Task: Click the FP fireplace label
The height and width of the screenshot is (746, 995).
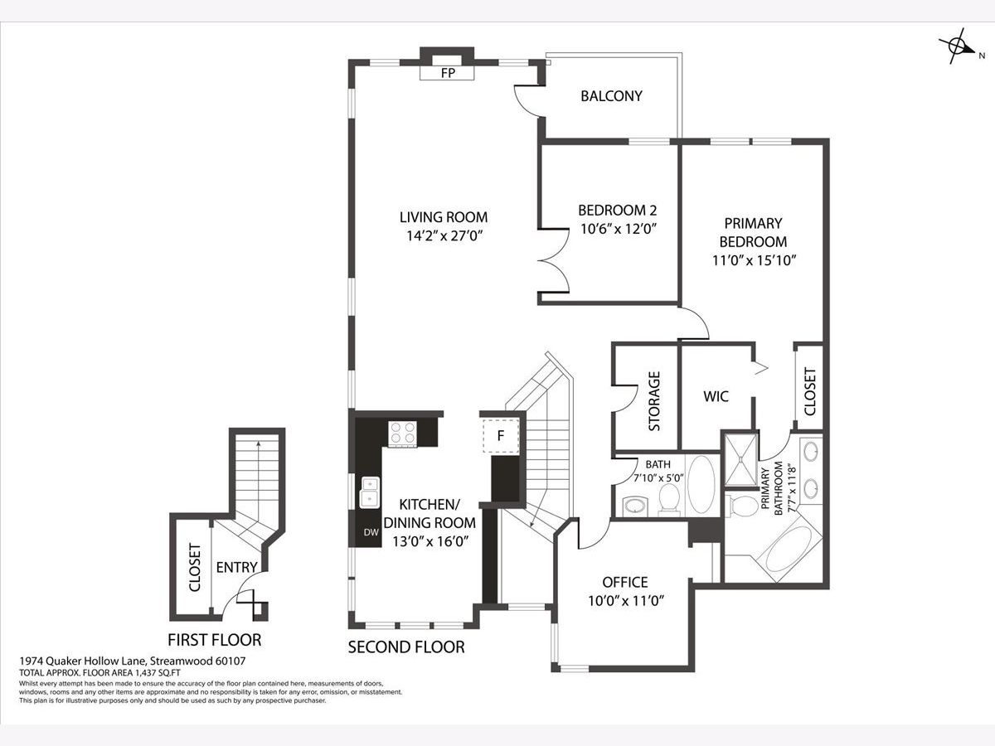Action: [448, 73]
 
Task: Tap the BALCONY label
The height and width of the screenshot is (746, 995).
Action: [611, 96]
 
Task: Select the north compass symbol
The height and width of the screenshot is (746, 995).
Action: [959, 46]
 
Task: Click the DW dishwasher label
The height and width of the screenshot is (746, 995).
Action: [371, 533]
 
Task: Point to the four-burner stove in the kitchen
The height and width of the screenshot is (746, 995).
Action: [402, 434]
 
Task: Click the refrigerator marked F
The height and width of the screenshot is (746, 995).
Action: [501, 436]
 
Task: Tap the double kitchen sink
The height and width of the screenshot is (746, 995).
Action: [370, 492]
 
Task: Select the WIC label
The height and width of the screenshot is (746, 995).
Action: [716, 396]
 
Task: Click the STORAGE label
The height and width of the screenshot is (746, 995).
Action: [654, 401]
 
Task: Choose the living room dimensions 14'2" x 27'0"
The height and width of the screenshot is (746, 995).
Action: [444, 236]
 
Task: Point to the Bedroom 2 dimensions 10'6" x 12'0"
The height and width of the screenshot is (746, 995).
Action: [619, 229]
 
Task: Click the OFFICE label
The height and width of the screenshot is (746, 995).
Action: [625, 582]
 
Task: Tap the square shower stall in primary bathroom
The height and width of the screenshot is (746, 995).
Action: [740, 460]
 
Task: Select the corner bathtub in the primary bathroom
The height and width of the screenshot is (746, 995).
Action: [789, 549]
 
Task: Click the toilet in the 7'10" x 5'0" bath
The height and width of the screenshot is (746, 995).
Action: [669, 499]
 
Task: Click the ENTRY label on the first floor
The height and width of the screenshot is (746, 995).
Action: [236, 567]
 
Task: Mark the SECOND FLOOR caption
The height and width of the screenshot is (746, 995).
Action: [406, 647]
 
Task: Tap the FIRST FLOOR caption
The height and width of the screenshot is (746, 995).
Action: [215, 640]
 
